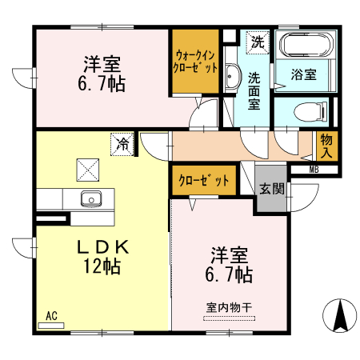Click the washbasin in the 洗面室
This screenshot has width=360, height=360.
[230, 77]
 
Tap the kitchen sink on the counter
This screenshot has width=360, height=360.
[90, 198]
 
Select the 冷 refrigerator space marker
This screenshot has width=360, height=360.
[122, 144]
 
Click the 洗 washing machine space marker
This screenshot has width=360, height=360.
[258, 41]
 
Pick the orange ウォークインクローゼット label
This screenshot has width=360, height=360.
[196, 62]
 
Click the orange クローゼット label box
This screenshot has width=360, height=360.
[204, 181]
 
